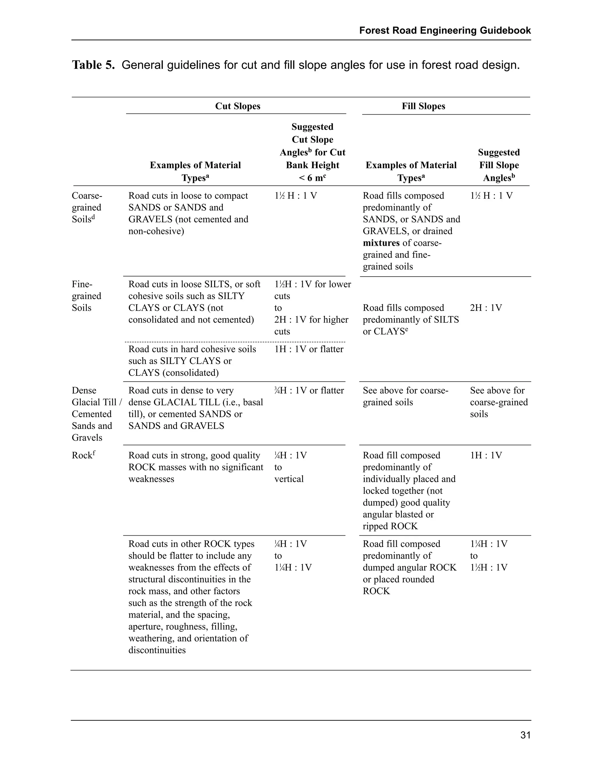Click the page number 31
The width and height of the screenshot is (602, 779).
[x=525, y=735]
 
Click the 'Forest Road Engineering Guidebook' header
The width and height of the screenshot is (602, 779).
[x=445, y=31]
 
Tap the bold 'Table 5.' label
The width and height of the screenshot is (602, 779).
[x=93, y=65]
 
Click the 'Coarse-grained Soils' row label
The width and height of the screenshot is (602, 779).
[x=87, y=207]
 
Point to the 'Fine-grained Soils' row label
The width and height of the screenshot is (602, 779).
[x=87, y=296]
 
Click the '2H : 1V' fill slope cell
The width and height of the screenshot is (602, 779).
[x=486, y=308]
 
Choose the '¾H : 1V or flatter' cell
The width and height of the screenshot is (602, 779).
[x=309, y=391]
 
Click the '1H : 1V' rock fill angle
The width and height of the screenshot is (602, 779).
[x=486, y=455]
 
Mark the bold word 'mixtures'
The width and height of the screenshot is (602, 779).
[x=381, y=243]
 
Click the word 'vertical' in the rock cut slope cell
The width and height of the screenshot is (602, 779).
[x=289, y=479]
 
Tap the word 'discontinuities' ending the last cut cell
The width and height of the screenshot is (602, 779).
[x=157, y=650]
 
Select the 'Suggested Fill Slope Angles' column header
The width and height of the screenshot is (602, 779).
[x=499, y=165]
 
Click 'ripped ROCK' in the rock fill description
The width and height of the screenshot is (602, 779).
[x=390, y=526]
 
